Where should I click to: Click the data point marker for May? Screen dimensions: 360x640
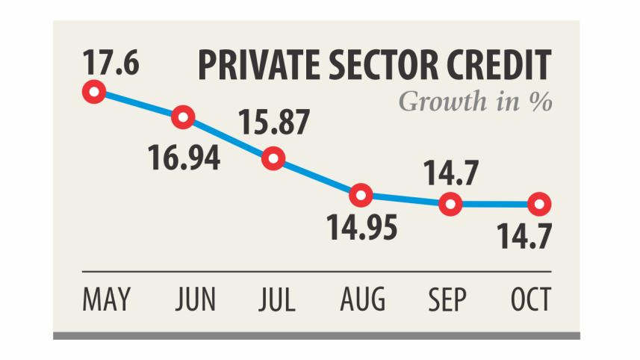(94, 93)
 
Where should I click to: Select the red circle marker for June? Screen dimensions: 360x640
(183, 117)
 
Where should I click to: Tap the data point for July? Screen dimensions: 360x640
(273, 158)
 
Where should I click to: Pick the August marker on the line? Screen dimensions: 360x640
(361, 196)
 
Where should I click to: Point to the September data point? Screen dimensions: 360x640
(450, 203)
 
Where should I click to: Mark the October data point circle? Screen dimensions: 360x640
(539, 203)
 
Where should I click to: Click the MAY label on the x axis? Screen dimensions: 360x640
(105, 300)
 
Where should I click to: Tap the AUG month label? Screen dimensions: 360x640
(362, 300)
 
